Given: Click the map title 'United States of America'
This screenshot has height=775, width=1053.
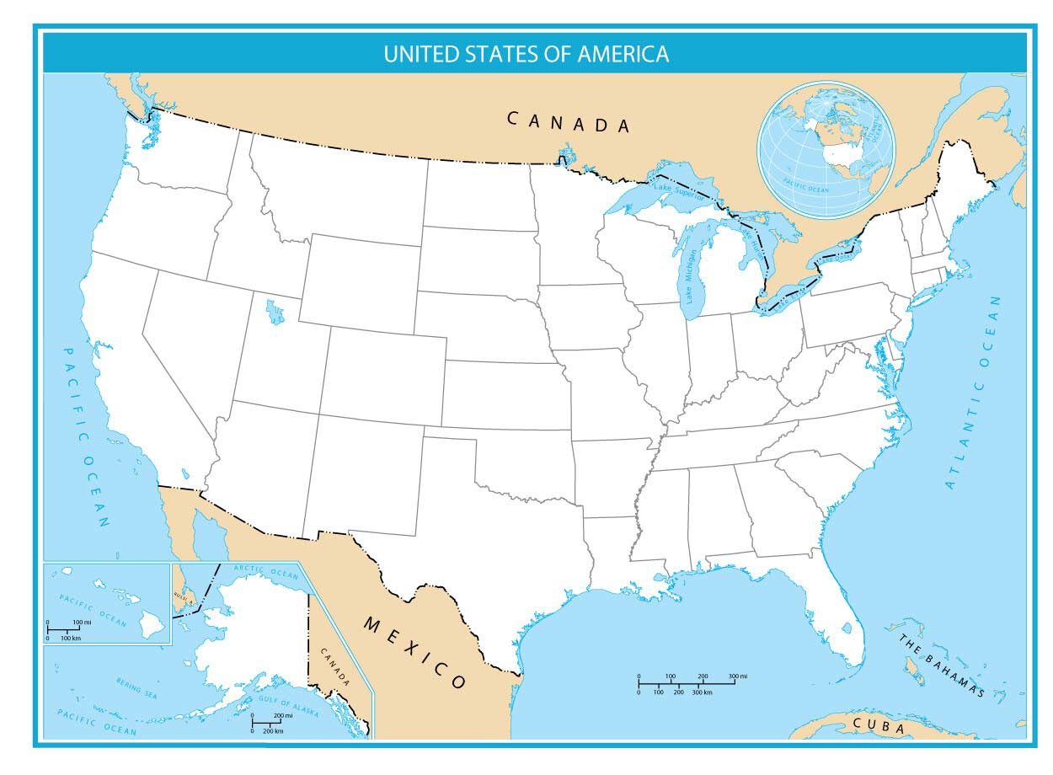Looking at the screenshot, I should tap(526, 54).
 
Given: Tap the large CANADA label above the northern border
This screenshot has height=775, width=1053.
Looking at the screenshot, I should tap(569, 122).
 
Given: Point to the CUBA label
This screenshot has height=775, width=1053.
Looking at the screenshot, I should tap(879, 724).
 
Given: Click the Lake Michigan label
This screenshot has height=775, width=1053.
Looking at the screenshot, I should tap(691, 278).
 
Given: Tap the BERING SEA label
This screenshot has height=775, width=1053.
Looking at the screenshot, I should tap(136, 686).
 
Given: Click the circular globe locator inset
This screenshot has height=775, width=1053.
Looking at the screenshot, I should tap(826, 150).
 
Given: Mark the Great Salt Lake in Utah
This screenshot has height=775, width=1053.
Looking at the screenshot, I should tap(275, 313).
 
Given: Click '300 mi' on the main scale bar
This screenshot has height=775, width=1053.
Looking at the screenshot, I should tap(738, 676).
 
